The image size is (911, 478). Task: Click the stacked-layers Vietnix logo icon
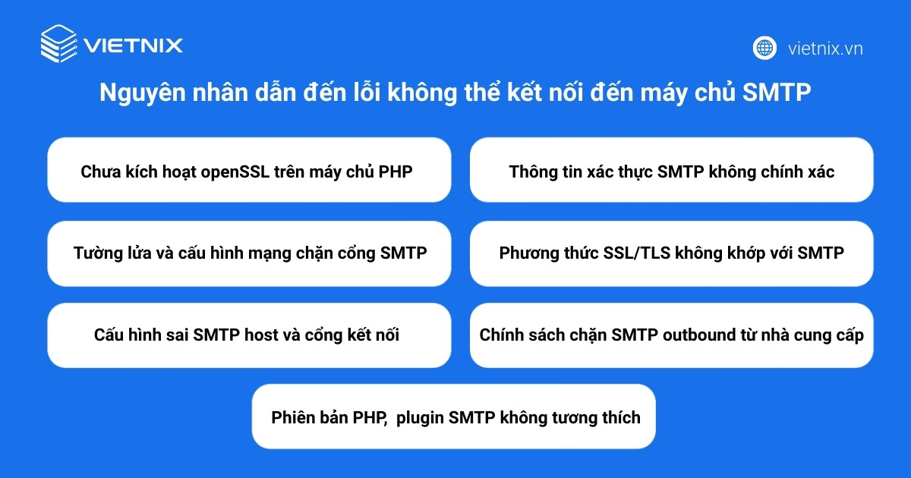(x=58, y=43)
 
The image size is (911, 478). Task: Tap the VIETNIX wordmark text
(x=134, y=46)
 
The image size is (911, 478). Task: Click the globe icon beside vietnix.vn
(x=764, y=48)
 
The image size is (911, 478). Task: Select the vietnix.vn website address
(x=825, y=49)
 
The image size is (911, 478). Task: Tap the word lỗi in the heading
(x=367, y=93)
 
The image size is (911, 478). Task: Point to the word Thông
(x=532, y=171)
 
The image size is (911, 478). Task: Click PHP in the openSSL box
(x=396, y=171)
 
